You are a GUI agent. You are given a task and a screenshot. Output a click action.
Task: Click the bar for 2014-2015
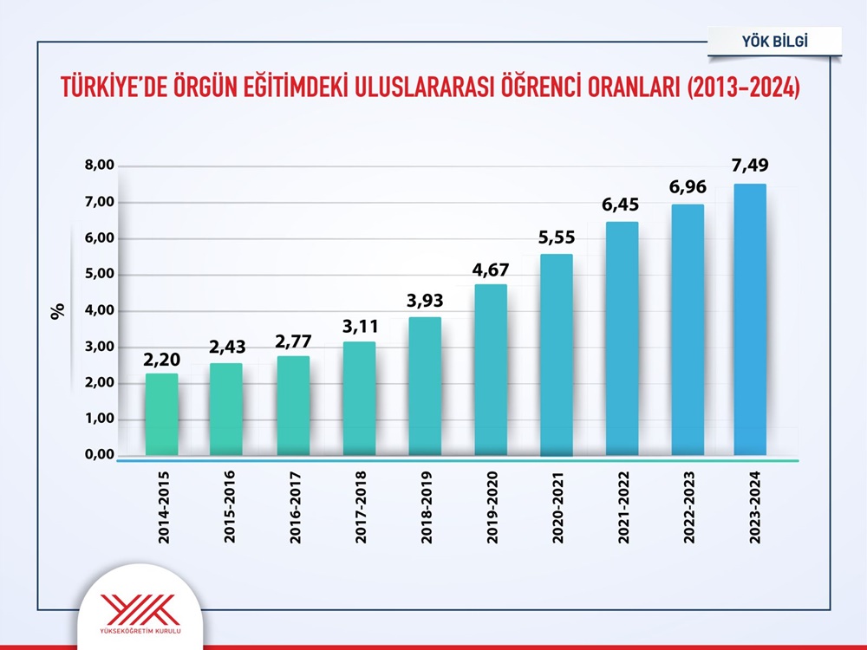coord(161,414)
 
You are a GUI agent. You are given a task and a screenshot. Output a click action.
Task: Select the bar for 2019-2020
coord(490,370)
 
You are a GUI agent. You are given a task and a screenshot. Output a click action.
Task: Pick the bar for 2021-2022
coord(622,338)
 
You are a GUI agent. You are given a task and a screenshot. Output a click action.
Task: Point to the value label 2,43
coord(227,347)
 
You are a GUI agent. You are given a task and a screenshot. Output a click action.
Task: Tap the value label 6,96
coord(686,187)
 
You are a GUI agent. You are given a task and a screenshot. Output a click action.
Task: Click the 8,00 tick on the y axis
coord(99,166)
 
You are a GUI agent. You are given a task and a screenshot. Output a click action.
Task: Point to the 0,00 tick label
coord(99,455)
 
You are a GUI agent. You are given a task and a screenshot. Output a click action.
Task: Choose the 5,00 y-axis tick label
coord(99,275)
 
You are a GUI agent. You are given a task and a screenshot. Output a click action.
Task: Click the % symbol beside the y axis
coord(58,311)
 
